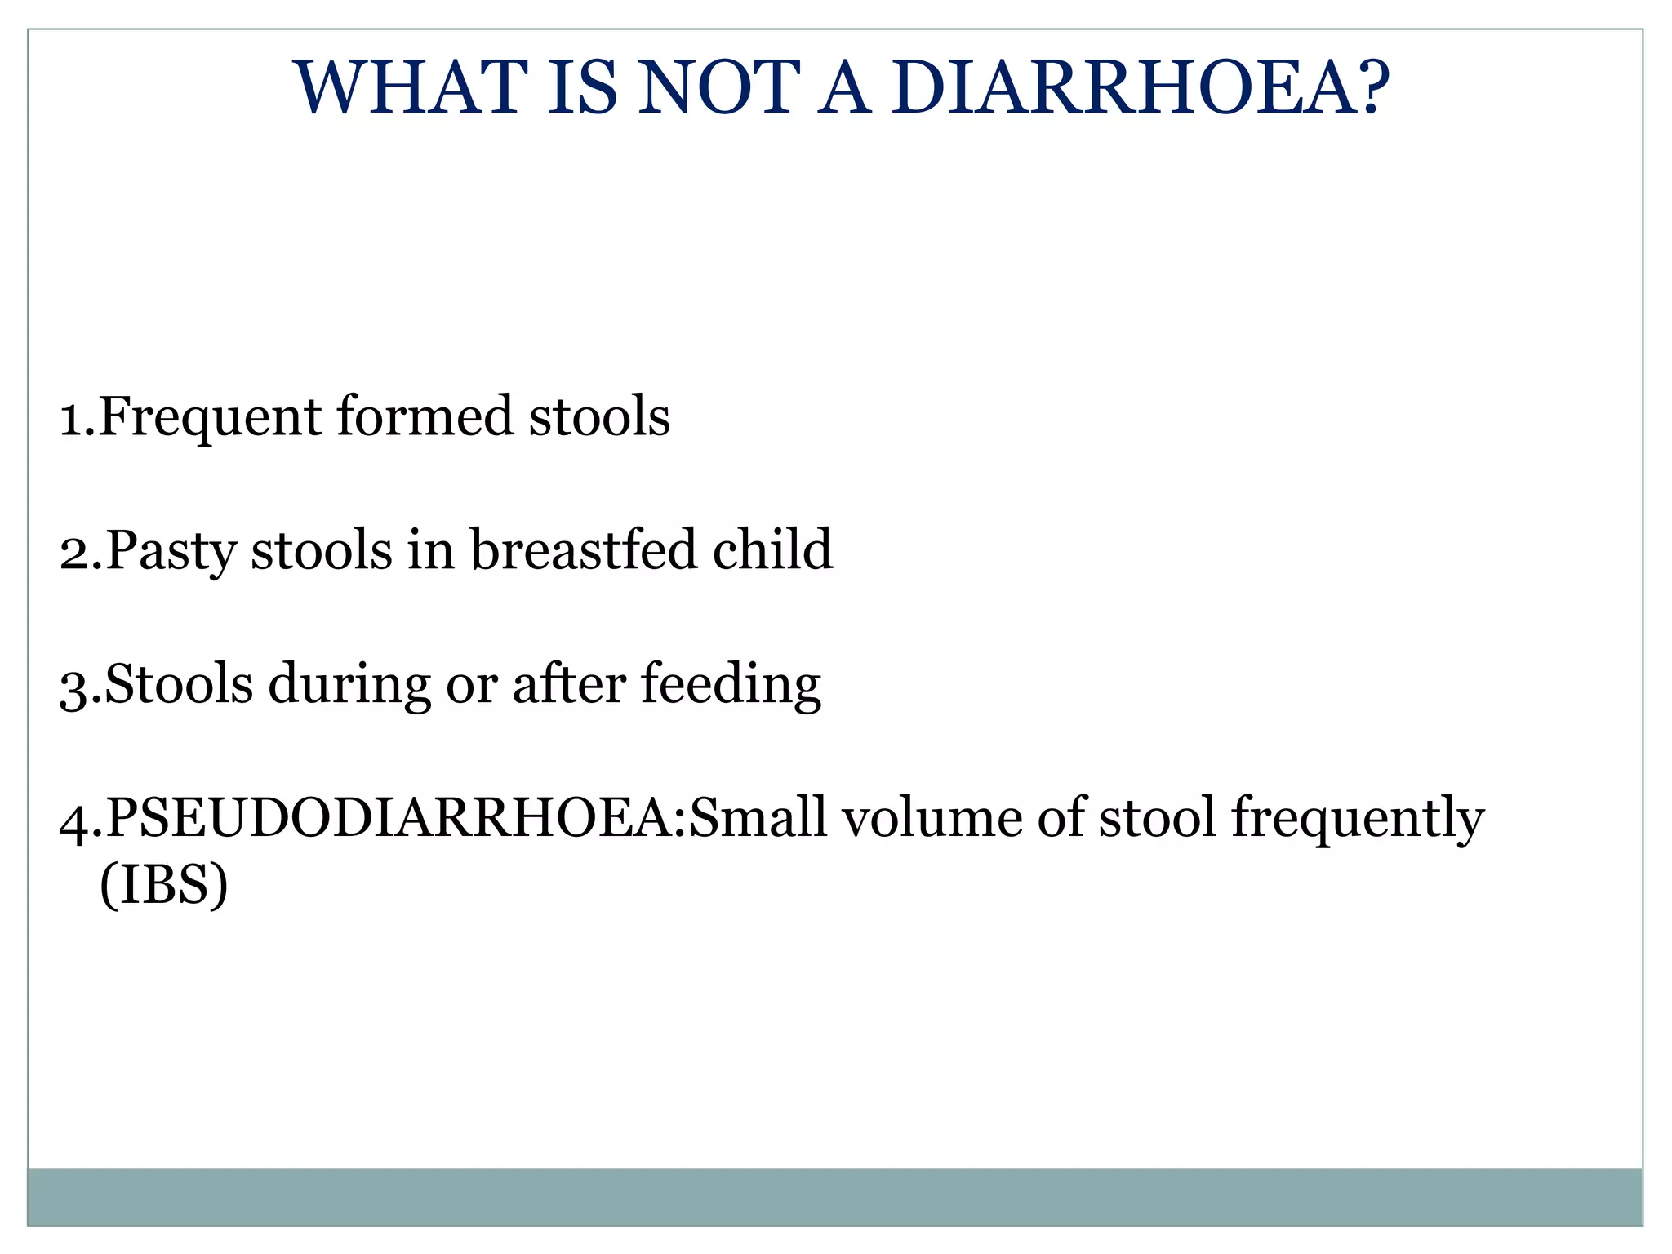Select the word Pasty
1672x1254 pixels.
pos(171,552)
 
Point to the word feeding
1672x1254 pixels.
pos(731,686)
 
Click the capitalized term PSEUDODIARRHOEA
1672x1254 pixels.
pos(393,818)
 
